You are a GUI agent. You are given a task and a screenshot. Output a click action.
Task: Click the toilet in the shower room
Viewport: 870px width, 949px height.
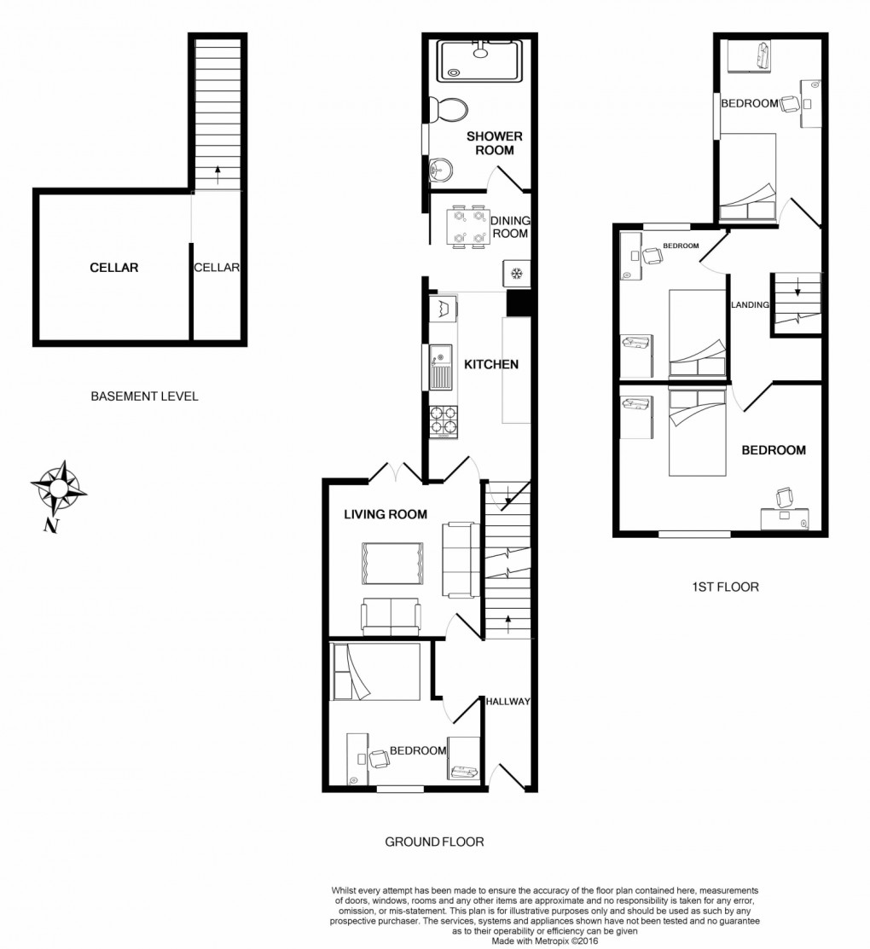pos(448,110)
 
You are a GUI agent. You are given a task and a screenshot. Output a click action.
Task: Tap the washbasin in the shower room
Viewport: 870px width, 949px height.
pos(441,170)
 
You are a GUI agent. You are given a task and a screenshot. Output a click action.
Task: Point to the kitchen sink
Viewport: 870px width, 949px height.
pos(441,367)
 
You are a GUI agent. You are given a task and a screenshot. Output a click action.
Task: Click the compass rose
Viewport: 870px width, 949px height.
pos(58,488)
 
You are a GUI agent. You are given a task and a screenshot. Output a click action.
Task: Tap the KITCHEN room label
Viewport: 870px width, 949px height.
pos(491,364)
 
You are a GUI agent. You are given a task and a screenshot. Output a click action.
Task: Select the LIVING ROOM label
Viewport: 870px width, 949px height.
pos(386,514)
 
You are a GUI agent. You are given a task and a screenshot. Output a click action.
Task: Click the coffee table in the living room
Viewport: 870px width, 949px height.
pos(392,564)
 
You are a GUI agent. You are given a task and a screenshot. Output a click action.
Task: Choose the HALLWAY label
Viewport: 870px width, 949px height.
pos(507,702)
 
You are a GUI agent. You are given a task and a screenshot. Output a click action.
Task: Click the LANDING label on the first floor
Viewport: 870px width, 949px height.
pos(750,305)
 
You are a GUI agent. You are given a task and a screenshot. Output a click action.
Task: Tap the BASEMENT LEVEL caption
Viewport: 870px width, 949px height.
pos(145,396)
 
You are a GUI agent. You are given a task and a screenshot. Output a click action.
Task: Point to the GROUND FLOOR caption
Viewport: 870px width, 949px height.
pos(435,842)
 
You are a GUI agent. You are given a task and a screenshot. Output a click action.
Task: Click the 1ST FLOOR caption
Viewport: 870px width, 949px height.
pos(725,587)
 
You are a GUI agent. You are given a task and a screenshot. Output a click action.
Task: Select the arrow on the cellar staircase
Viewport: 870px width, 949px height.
pos(217,175)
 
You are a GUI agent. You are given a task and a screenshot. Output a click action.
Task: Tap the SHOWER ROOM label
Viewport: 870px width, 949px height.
pos(494,143)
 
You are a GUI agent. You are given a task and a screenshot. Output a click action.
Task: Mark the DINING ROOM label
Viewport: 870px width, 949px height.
pos(510,227)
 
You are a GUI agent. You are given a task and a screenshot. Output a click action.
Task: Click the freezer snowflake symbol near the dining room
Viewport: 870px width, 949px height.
pos(516,273)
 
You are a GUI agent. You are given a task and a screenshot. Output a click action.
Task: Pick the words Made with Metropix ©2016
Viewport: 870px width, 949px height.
pos(544,941)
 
